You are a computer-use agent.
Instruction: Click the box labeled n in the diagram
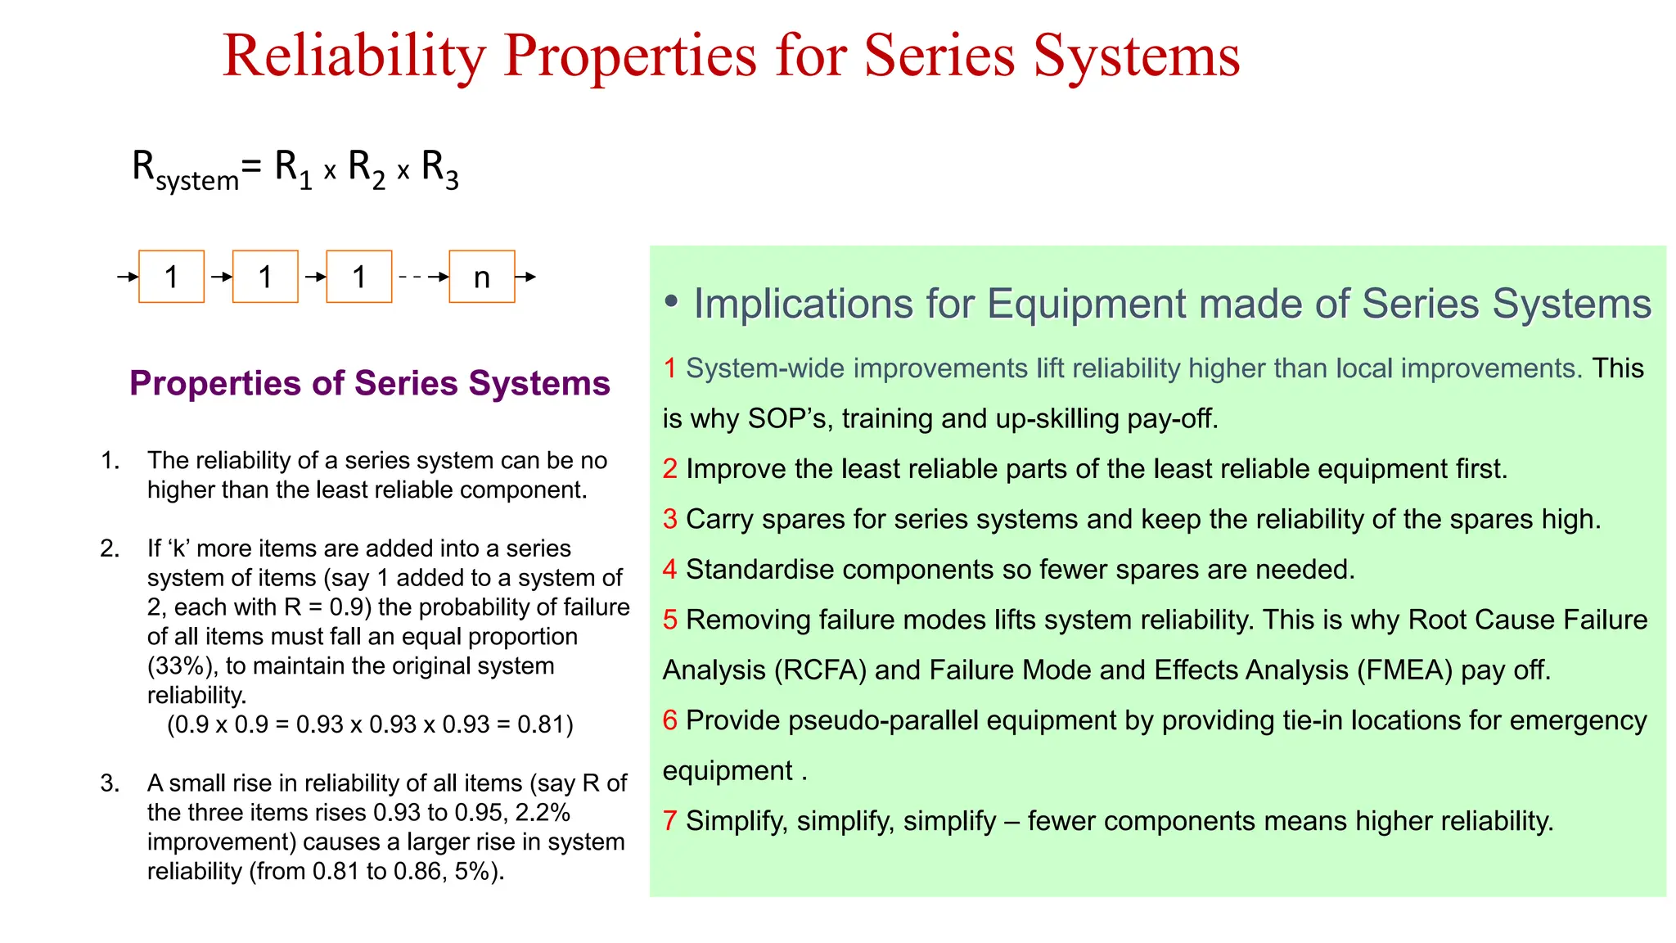point(481,277)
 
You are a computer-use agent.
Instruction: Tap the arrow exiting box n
point(526,277)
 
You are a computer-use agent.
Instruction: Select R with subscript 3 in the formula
point(439,169)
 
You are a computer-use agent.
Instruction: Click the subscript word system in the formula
point(197,180)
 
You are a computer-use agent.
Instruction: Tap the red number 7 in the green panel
point(669,821)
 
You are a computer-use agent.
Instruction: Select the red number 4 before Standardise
point(669,569)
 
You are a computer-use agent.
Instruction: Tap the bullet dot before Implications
point(671,303)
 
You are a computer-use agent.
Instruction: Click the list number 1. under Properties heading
point(110,460)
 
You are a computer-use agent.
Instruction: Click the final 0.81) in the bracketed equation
point(545,724)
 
